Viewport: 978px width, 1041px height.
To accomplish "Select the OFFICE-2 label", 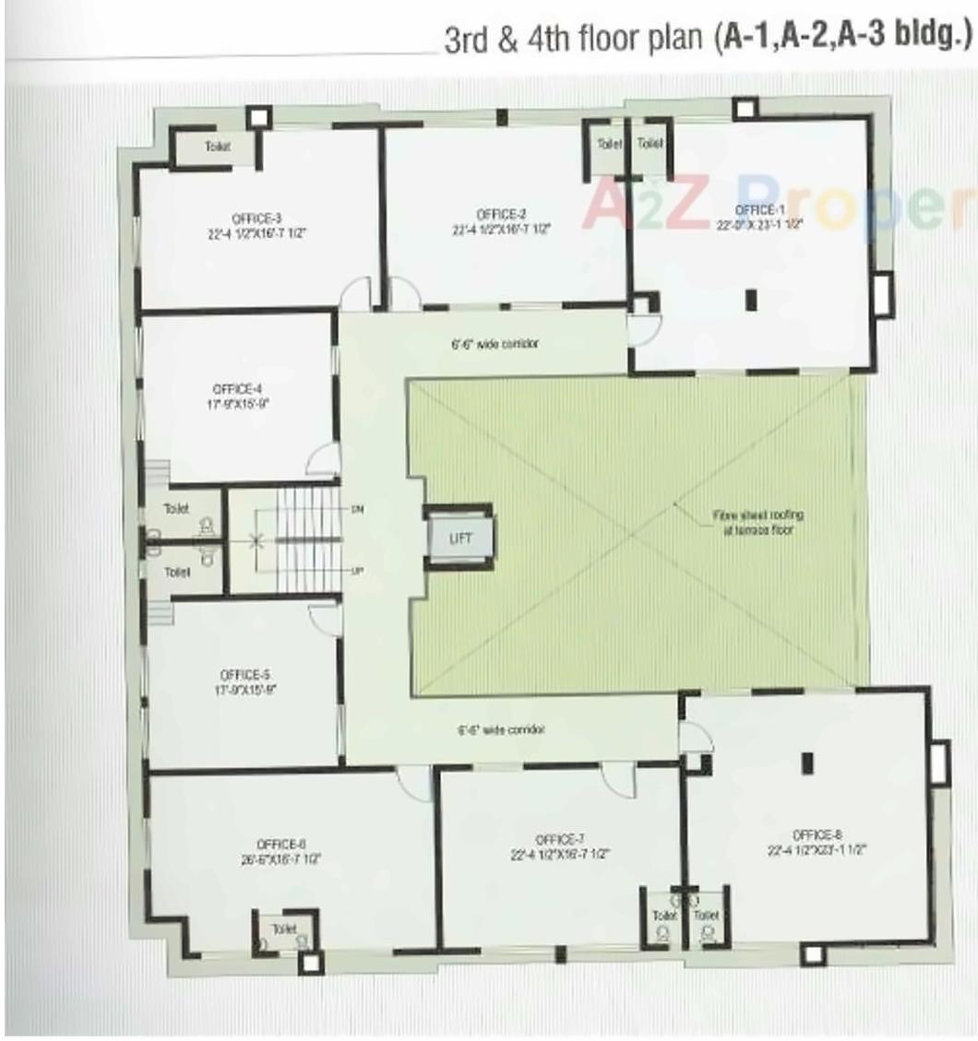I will (501, 215).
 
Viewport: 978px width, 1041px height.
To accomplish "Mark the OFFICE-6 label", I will (281, 844).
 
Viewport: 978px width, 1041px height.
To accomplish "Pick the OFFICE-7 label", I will (559, 838).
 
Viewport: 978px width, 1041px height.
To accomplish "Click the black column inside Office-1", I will (750, 299).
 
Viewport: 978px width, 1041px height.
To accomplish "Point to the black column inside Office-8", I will (807, 762).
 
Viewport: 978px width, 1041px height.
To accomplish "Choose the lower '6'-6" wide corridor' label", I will (501, 729).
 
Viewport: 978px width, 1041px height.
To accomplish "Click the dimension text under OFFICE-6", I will (281, 858).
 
